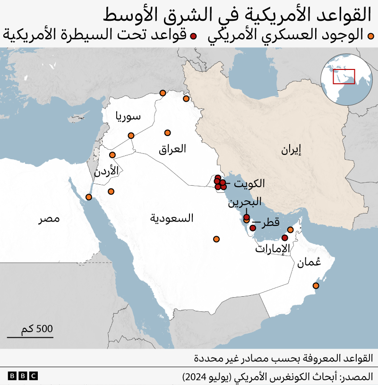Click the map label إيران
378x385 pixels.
[x=291, y=151]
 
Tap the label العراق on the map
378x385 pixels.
[x=172, y=149]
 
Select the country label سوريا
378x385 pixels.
[x=129, y=117]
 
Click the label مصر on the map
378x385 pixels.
[x=50, y=220]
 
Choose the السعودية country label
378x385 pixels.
[x=172, y=218]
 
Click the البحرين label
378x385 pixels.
[x=244, y=203]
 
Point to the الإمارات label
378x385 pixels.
[x=272, y=249]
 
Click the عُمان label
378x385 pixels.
[x=309, y=263]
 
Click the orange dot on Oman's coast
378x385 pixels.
[x=316, y=286]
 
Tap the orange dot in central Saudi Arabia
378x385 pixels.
[x=216, y=239]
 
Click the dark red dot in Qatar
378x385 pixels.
[x=253, y=228]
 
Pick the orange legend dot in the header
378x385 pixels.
[x=371, y=35]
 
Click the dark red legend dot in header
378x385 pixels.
[x=192, y=35]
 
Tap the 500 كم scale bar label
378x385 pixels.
[x=37, y=329]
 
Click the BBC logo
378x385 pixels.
[x=23, y=376]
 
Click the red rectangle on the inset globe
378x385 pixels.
[x=344, y=77]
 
